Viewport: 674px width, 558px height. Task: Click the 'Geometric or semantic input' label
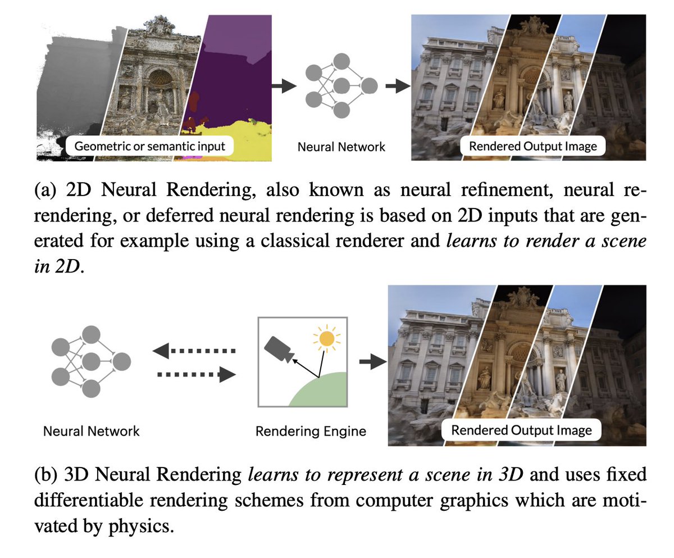150,147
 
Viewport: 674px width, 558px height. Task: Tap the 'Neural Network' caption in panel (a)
341,147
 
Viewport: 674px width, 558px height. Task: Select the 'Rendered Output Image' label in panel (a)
532,147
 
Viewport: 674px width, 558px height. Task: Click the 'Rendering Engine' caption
311,432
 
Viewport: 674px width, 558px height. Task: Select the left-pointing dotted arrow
194,352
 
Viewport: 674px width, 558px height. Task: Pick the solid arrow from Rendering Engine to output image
372,362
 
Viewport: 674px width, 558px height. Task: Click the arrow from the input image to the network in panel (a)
284,85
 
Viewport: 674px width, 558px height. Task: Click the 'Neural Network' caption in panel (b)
91,432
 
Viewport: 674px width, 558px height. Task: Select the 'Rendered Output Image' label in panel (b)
521,431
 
